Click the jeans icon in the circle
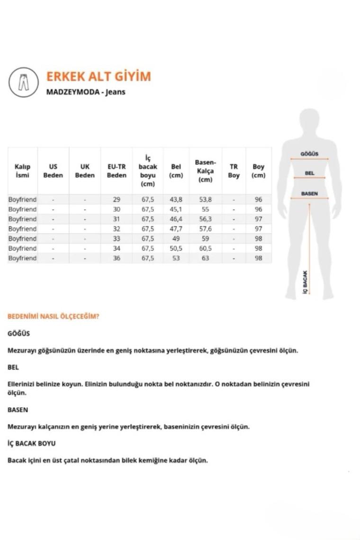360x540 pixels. [23, 82]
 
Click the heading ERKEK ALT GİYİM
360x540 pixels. [99, 77]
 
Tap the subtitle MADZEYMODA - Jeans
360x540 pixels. [86, 92]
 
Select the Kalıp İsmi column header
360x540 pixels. [22, 171]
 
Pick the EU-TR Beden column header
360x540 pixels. [117, 171]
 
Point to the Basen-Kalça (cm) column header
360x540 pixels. [205, 171]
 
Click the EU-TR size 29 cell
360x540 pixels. [117, 199]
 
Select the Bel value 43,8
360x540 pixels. [176, 199]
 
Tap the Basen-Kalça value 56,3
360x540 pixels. [205, 219]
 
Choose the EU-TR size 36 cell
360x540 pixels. [117, 258]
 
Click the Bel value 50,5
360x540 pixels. [176, 248]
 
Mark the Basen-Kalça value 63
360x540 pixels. [205, 258]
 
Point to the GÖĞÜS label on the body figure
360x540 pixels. [309, 153]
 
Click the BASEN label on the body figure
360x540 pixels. [309, 194]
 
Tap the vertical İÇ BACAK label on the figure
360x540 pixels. [305, 281]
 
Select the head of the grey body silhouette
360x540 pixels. [309, 121]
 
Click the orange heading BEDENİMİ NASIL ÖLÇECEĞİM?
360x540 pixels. [53, 316]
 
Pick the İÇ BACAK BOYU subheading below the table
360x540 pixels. [31, 443]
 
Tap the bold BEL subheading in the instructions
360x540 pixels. [13, 367]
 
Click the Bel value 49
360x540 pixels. [176, 238]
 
